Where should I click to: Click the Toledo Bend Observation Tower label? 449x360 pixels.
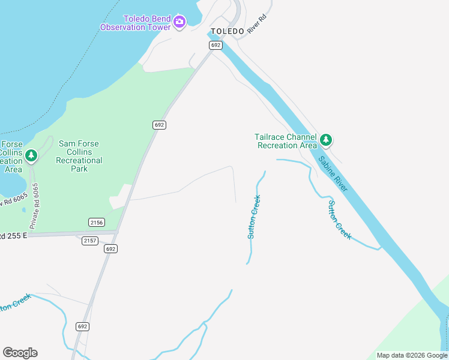coord(136,23)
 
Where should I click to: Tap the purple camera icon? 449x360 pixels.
coord(179,23)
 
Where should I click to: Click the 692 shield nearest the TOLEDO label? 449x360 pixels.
coord(216,46)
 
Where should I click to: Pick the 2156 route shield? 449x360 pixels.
coord(96,222)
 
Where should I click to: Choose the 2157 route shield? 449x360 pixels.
coord(90,241)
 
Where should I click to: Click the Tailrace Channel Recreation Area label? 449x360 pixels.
coord(286,141)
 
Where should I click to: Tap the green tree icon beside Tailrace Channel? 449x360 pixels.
coord(325,140)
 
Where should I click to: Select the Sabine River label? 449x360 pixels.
coord(333,174)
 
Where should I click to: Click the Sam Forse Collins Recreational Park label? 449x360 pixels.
coord(79,156)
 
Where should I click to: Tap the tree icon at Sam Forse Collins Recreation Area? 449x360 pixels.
coord(31,156)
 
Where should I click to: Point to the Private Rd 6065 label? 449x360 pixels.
coord(35,205)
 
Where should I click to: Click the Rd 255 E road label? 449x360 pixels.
coord(14,236)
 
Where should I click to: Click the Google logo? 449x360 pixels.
coord(20,353)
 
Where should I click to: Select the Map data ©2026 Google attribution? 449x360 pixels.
coord(412,355)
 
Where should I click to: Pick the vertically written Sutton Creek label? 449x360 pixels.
coord(254,217)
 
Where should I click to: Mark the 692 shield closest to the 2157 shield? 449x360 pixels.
coord(110,248)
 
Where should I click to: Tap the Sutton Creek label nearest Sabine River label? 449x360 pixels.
coord(339,220)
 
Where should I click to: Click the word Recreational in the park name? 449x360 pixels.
coord(79,160)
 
